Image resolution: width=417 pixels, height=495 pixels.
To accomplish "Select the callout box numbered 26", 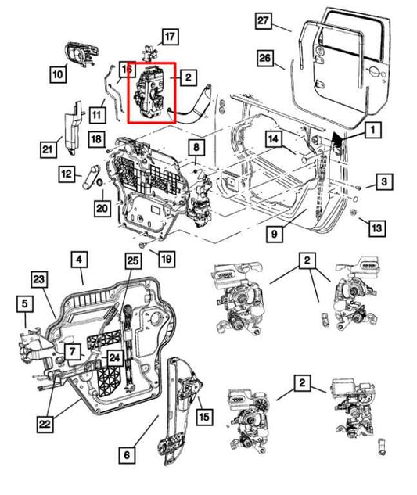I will click(x=264, y=59).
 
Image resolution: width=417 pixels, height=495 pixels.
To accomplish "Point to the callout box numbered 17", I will click(x=170, y=35).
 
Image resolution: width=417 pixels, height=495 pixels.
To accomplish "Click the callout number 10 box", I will click(x=58, y=75).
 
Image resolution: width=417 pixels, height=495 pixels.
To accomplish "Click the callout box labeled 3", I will click(x=383, y=183).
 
